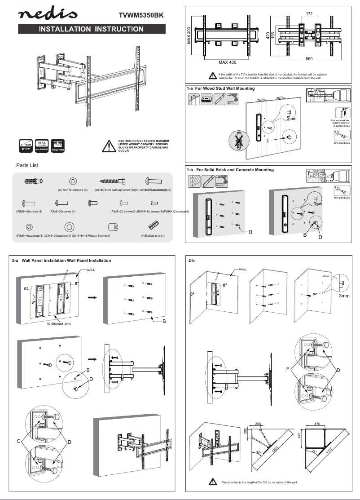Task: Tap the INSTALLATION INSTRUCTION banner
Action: [92, 29]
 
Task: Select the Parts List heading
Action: [27, 165]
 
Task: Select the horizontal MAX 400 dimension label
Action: [227, 62]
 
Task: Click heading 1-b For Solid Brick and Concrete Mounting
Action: [230, 170]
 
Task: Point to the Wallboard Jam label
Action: [59, 323]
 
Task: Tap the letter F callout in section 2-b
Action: [287, 369]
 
